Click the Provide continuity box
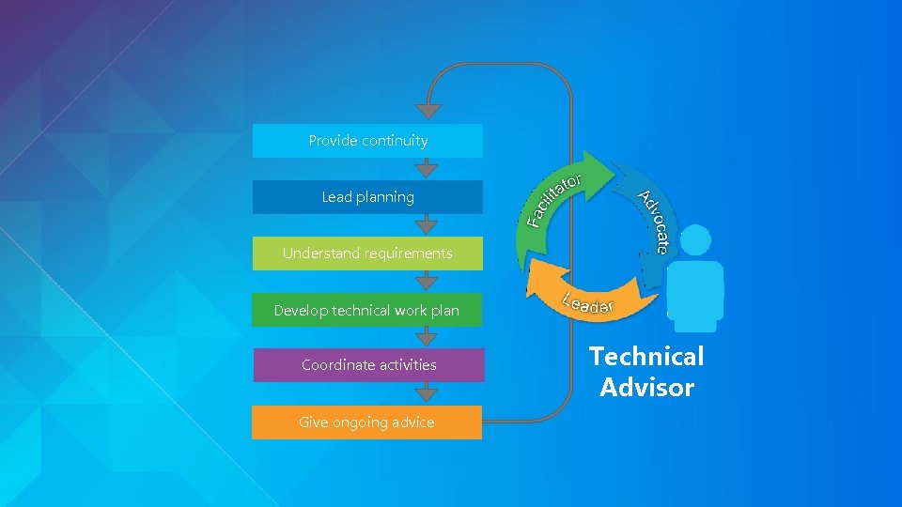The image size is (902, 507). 367,141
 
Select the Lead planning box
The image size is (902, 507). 367,197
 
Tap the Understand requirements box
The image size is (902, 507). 367,253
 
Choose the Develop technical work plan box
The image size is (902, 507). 367,310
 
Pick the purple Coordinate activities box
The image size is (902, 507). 368,364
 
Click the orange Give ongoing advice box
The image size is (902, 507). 366,422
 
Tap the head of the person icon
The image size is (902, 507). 695,240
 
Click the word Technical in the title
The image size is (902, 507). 646,357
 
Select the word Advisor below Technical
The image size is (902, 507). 646,388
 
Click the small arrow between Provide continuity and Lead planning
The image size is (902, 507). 428,169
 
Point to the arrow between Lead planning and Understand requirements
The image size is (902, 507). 428,225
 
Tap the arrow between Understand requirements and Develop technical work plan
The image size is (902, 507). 428,282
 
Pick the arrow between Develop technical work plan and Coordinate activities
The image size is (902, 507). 428,337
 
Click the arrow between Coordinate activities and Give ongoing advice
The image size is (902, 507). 428,393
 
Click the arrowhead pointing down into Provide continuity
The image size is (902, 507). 428,111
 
